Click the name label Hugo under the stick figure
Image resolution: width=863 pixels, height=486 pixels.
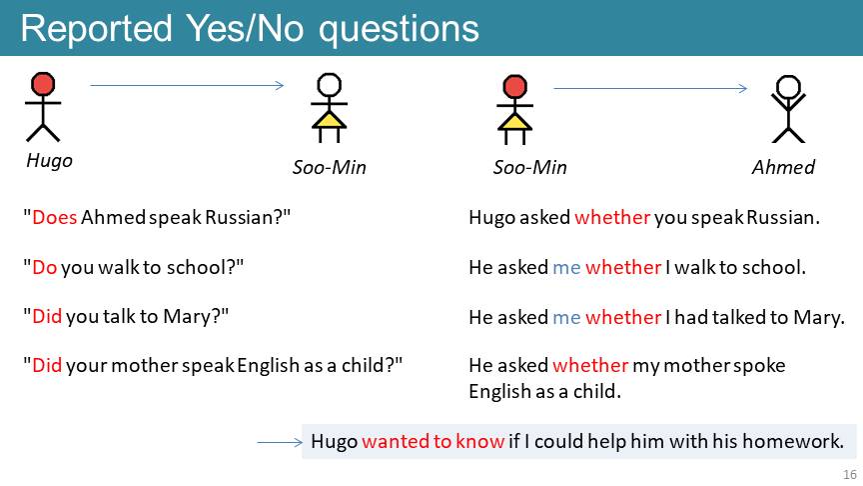50,161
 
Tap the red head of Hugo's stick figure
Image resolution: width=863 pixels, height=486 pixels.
43,84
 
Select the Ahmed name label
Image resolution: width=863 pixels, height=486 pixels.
783,167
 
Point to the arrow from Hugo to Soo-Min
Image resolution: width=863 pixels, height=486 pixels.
187,85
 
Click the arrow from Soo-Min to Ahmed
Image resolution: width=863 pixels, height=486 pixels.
650,88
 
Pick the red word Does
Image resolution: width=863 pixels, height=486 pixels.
55,217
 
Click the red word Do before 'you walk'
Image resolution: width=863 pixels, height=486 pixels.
45,267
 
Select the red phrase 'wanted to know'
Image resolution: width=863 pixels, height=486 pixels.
433,441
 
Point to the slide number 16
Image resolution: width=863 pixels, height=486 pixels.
850,474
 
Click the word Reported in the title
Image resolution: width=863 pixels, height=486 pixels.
97,28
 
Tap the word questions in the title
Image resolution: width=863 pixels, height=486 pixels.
399,30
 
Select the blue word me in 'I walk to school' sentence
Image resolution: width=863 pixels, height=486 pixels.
566,268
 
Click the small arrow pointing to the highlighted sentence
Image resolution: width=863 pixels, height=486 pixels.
280,442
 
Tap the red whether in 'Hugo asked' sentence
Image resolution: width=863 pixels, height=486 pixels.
612,217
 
